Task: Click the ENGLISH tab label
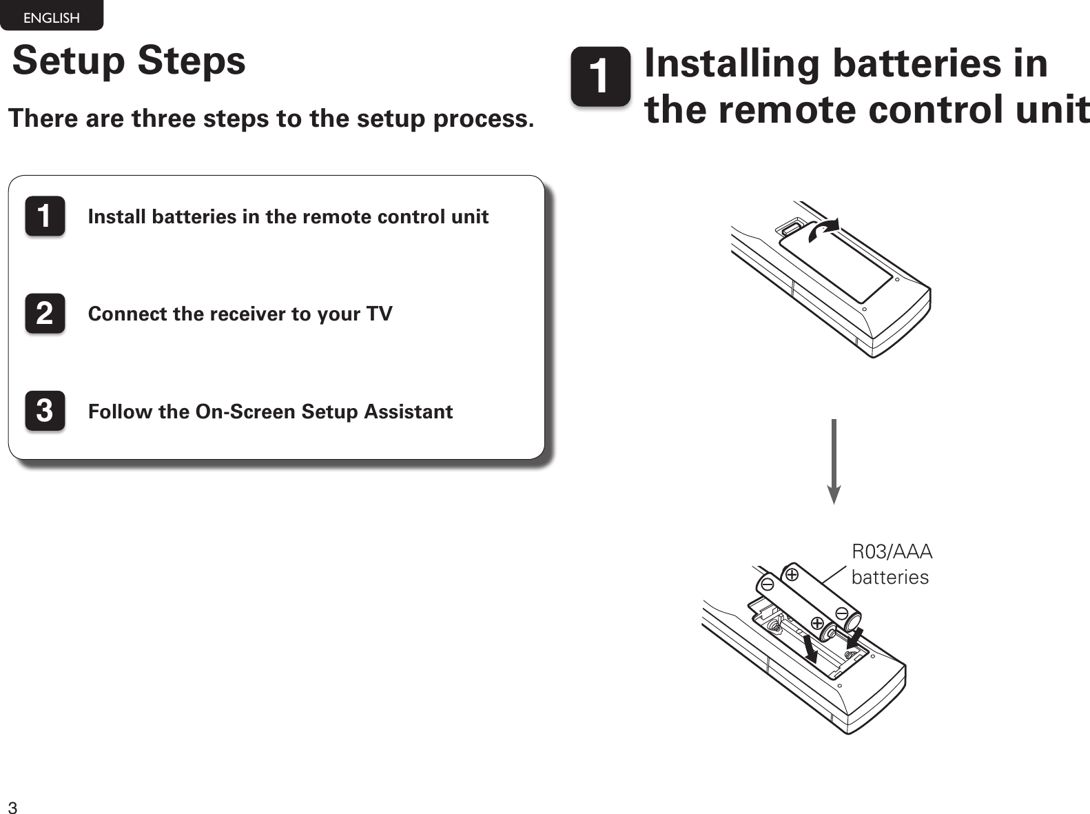(51, 18)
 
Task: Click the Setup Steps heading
(129, 60)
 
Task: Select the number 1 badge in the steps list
(45, 216)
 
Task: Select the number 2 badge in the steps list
(45, 314)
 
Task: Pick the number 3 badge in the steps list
(45, 411)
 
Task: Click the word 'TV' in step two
(379, 314)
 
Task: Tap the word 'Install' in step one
(118, 216)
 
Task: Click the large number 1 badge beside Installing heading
(600, 77)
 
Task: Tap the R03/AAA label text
(892, 551)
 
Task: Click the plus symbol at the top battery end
(792, 573)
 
